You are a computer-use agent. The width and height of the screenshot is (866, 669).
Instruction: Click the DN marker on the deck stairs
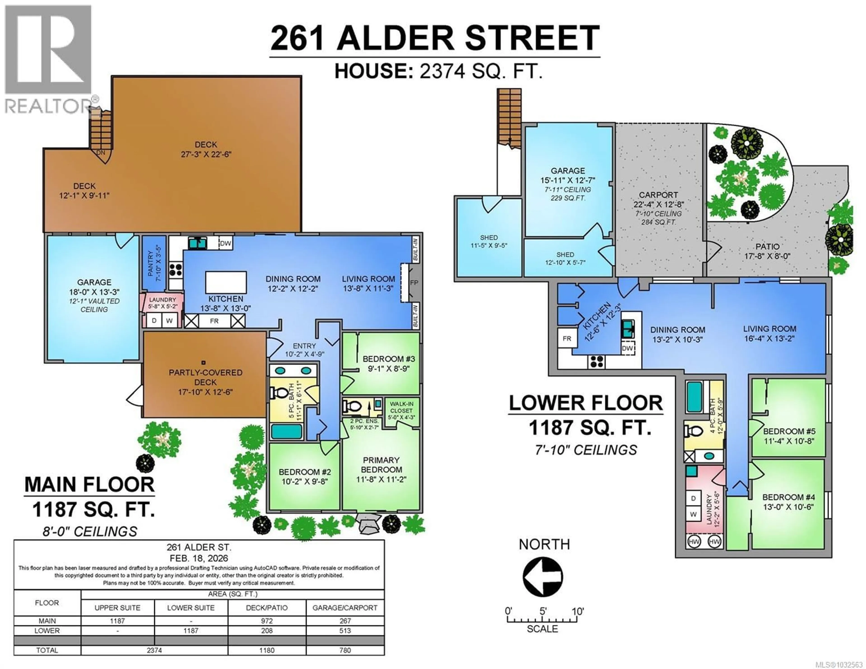(101, 153)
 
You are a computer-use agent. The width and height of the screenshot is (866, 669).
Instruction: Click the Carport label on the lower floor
(658, 195)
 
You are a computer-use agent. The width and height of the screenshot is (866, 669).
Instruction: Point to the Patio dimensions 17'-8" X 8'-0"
(767, 256)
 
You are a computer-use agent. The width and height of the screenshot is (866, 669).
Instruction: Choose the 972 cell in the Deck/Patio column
(267, 621)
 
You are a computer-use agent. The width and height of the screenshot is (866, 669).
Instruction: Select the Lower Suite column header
(191, 607)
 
